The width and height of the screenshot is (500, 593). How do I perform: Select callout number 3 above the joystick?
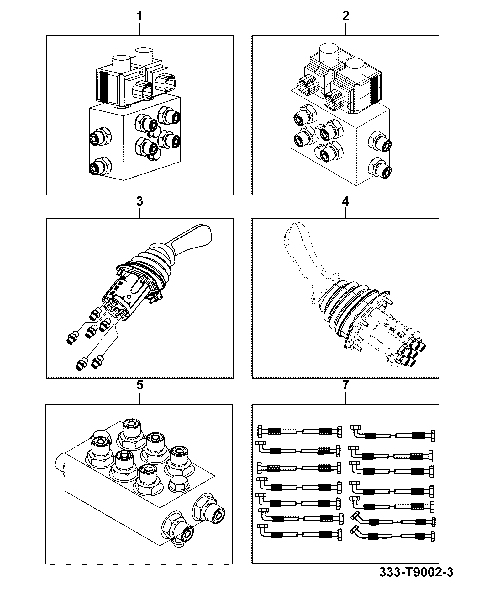click(140, 201)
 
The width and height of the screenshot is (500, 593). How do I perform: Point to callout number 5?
click(140, 385)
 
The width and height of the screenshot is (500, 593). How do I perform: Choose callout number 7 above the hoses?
click(345, 385)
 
